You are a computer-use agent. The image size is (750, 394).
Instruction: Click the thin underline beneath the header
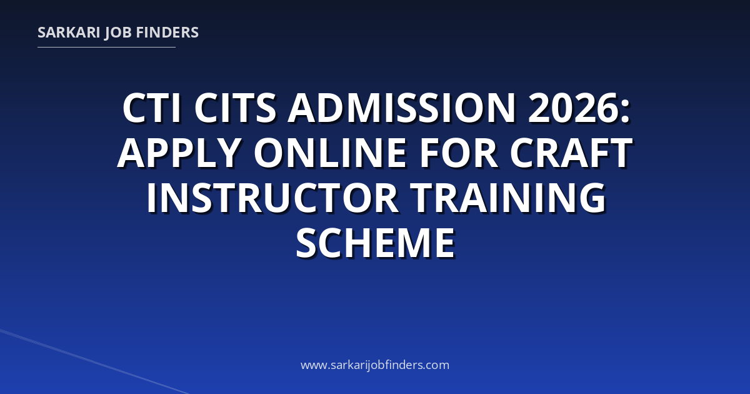tap(106, 48)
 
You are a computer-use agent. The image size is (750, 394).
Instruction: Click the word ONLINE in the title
tap(331, 153)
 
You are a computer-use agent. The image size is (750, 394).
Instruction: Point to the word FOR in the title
tap(459, 153)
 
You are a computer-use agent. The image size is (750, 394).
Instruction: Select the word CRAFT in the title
tap(571, 153)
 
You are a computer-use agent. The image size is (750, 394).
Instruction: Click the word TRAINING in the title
tap(508, 198)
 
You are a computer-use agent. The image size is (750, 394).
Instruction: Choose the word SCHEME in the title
tap(375, 243)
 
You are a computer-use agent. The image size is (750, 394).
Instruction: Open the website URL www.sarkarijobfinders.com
tap(375, 365)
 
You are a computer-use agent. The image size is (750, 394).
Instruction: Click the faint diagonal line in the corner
tap(94, 362)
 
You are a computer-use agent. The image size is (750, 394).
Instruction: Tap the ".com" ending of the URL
tap(436, 365)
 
